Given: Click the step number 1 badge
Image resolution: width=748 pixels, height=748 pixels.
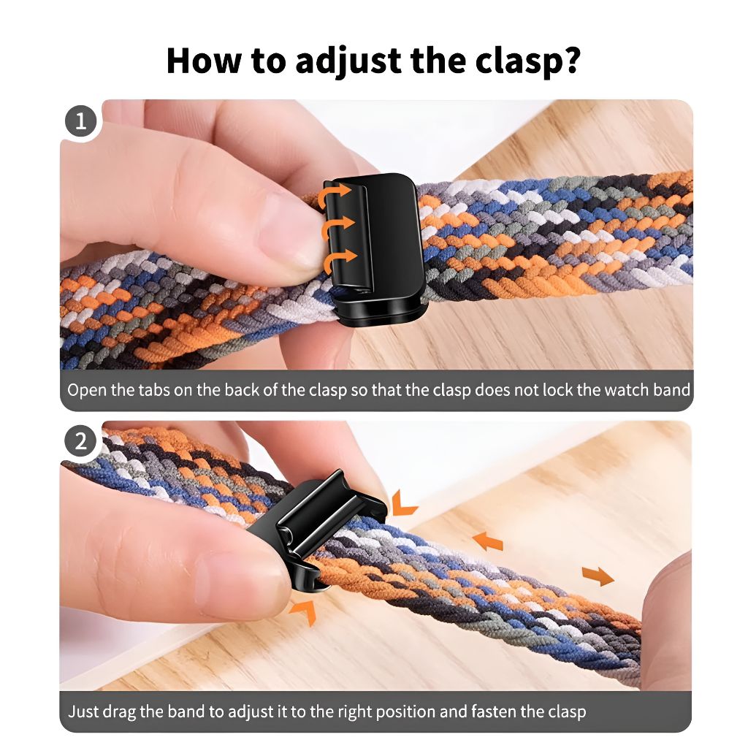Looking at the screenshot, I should [80, 121].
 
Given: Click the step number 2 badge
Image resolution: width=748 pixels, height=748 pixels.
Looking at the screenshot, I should [80, 441].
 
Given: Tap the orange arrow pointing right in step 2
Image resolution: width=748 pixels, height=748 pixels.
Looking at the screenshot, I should [598, 576].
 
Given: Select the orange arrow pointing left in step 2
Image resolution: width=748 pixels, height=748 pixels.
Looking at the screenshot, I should [487, 541].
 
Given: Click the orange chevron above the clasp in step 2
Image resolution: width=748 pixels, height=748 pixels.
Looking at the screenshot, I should [403, 503].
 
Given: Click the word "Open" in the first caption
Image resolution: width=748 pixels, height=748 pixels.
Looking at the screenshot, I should [87, 389].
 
